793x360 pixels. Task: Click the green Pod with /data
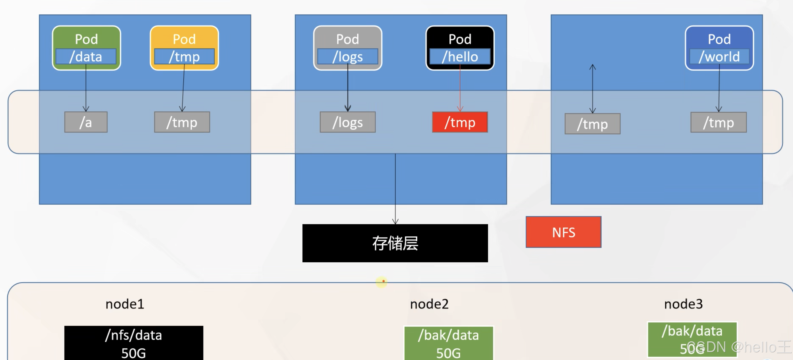tap(86, 48)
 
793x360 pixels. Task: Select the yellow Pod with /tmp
tap(184, 48)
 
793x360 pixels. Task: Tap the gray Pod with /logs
tap(347, 48)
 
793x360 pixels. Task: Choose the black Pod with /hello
tap(460, 48)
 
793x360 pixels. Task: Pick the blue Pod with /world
tap(719, 48)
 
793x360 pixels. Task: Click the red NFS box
tap(563, 232)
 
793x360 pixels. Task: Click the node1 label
tap(125, 304)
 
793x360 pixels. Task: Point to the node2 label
tap(429, 304)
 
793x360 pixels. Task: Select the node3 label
tap(683, 304)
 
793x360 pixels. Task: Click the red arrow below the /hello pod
tap(460, 89)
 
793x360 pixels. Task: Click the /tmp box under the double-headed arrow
tap(592, 124)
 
